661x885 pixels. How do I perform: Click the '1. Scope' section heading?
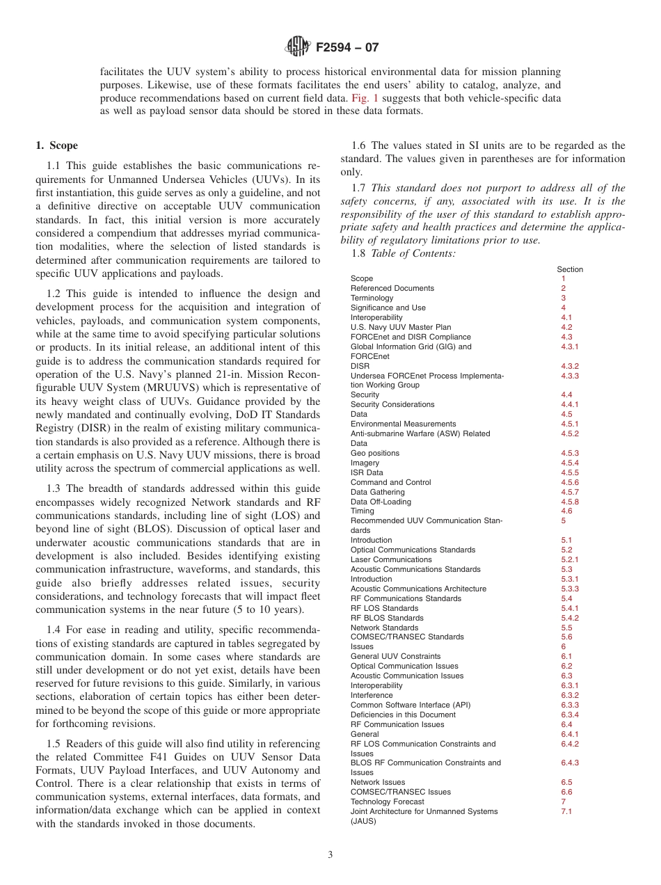point(56,145)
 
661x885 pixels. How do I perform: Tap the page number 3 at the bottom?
point(330,855)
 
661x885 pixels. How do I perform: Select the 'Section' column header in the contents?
point(570,269)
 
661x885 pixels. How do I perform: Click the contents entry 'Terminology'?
point(372,298)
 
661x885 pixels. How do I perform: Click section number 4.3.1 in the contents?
point(569,346)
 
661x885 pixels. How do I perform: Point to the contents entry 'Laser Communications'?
point(390,559)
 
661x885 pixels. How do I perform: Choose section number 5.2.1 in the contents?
point(569,559)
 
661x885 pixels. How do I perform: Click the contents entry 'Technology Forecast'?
point(387,802)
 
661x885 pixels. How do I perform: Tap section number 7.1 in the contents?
point(566,811)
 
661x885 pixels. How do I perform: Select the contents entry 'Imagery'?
point(365,463)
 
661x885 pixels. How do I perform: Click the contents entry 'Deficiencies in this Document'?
point(403,715)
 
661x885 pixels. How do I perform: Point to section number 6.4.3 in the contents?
point(569,763)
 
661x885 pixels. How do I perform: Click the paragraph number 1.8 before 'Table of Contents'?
point(359,254)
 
